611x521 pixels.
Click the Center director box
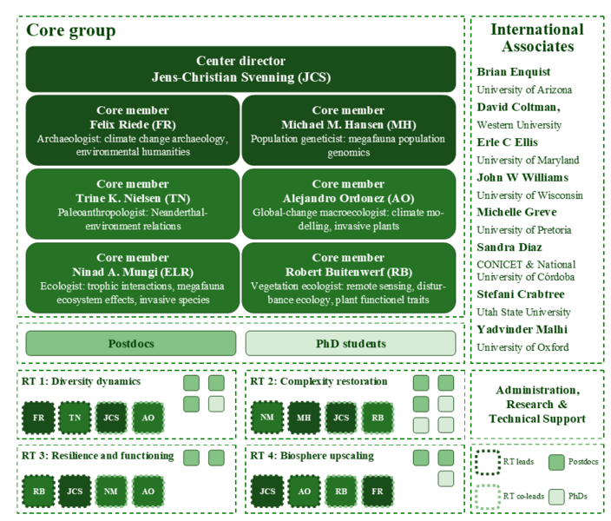coord(240,69)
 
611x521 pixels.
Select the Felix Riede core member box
coord(133,130)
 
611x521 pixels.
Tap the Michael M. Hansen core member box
coord(349,130)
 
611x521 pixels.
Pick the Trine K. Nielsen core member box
coord(133,204)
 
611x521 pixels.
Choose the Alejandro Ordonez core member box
coord(349,204)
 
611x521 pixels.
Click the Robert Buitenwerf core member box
coord(349,278)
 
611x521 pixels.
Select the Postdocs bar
coord(131,344)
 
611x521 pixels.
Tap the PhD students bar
coord(351,344)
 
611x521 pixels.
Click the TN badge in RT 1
coord(75,418)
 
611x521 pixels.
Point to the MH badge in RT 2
coord(304,418)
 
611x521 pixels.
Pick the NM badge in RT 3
coord(111,491)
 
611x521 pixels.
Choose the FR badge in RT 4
coord(378,491)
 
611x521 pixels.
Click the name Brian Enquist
coord(514,72)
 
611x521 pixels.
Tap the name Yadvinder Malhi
coord(522,329)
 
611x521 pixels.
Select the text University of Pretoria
coord(524,230)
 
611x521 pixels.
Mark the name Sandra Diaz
coord(509,247)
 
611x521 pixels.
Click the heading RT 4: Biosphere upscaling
coord(312,456)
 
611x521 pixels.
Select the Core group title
coord(71,30)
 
